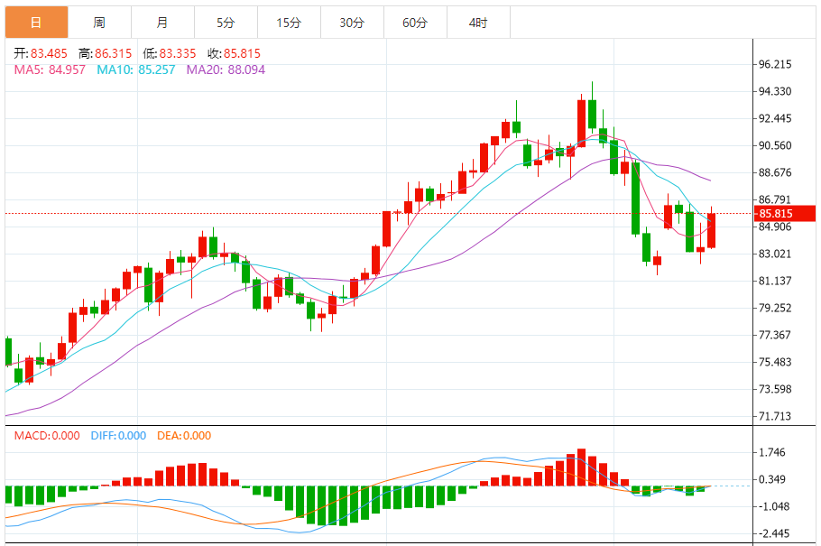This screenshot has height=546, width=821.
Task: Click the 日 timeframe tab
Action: (x=36, y=23)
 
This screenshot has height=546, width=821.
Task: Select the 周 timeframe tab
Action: (x=98, y=23)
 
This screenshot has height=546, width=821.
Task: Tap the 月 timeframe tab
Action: (x=161, y=23)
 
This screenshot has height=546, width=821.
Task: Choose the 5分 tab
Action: (x=226, y=23)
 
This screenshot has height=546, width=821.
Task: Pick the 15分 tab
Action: (x=289, y=23)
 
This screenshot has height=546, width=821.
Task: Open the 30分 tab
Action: (x=352, y=23)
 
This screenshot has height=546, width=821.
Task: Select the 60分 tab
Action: (x=415, y=23)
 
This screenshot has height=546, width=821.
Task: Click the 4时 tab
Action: (x=478, y=23)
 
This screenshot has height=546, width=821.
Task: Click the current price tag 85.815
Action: (x=775, y=214)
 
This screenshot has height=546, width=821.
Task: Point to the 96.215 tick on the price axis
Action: (x=775, y=65)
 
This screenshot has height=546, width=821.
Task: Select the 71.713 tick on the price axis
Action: (x=775, y=417)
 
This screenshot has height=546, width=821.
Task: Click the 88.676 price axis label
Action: (x=775, y=173)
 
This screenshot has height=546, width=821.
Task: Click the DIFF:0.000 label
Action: (x=118, y=436)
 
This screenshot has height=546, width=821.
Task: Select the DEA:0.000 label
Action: (x=184, y=436)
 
